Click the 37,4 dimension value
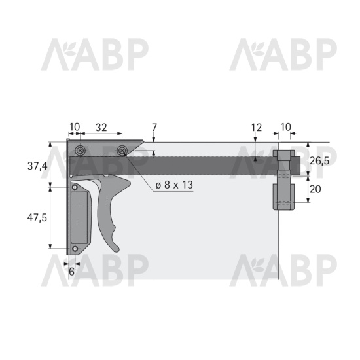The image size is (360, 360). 37,166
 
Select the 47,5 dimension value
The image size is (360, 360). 37,217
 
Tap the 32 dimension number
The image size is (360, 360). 101,128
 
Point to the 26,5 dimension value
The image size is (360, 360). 319,161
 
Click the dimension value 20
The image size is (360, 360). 315,189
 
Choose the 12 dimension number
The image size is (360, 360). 257,128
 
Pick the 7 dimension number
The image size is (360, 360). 154,128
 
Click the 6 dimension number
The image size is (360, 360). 71,272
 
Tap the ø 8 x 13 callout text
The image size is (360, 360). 174,185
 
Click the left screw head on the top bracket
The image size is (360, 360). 81,151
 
